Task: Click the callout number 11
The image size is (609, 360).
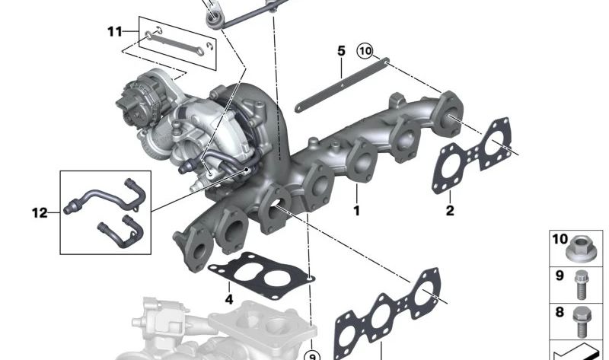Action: [x=115, y=31]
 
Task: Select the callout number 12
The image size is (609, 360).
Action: [x=40, y=213]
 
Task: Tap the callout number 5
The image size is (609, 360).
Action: [x=341, y=51]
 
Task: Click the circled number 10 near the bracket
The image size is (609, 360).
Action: [x=365, y=51]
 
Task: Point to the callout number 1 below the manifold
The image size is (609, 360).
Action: [x=356, y=211]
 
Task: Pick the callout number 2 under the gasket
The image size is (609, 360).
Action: [x=450, y=211]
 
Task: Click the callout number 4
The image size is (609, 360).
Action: [x=229, y=299]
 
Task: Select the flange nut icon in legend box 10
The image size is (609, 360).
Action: [x=580, y=250]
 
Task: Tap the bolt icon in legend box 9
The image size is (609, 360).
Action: [x=581, y=285]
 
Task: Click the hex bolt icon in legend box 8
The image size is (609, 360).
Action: [x=581, y=321]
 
